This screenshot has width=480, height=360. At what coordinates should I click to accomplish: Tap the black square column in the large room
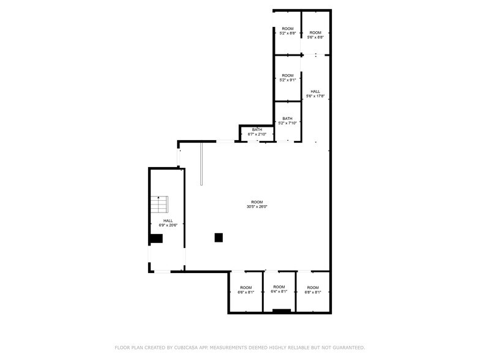pyautogui.click(x=219, y=238)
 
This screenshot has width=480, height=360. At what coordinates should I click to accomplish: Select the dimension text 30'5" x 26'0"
pyautogui.click(x=257, y=207)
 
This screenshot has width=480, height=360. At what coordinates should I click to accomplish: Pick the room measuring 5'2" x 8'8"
pyautogui.click(x=287, y=31)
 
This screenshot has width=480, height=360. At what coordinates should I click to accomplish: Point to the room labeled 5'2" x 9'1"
pyautogui.click(x=287, y=78)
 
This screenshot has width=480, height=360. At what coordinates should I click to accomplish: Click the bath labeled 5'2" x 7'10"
pyautogui.click(x=287, y=121)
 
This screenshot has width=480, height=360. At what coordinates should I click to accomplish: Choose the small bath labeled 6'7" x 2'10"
pyautogui.click(x=257, y=132)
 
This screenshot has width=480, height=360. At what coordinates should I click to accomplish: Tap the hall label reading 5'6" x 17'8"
pyautogui.click(x=315, y=94)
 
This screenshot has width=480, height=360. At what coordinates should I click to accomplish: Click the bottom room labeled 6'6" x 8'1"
pyautogui.click(x=246, y=290)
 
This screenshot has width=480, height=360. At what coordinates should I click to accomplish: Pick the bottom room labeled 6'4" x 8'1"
pyautogui.click(x=279, y=290)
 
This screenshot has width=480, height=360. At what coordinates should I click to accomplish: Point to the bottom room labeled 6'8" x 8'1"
pyautogui.click(x=313, y=290)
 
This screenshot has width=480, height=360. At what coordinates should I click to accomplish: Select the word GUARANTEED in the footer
pyautogui.click(x=347, y=348)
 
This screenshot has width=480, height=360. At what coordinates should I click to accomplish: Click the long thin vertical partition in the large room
pyautogui.click(x=201, y=163)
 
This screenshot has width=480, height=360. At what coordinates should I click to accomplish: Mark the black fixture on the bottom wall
pyautogui.click(x=282, y=311)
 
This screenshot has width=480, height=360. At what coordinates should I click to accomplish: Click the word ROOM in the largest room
pyautogui.click(x=257, y=202)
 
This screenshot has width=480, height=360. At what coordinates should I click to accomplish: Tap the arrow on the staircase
pyautogui.click(x=159, y=198)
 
